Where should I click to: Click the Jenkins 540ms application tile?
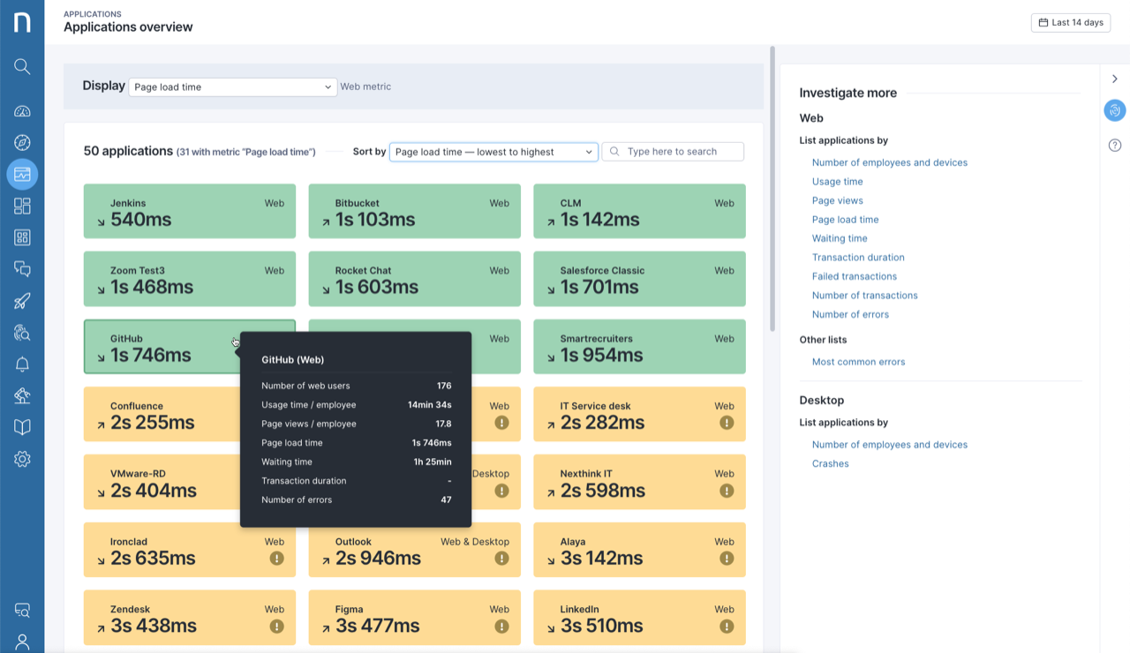tap(189, 211)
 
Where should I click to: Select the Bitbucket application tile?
tap(414, 211)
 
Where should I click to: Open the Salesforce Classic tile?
tap(639, 279)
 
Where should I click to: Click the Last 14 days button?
tap(1070, 22)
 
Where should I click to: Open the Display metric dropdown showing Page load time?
tap(232, 87)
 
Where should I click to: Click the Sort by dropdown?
tap(493, 152)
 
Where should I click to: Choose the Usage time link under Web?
tap(837, 182)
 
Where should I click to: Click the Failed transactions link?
tap(854, 276)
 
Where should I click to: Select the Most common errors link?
tap(858, 362)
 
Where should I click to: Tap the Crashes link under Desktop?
tap(830, 463)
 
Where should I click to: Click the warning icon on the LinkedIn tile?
tap(727, 626)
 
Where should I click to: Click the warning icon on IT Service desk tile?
tap(727, 423)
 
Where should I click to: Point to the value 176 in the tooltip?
tap(444, 386)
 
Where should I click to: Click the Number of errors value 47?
tap(446, 499)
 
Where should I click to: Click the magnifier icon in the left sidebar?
tap(22, 66)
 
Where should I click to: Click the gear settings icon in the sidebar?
tap(22, 459)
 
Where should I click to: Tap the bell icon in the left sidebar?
tap(22, 364)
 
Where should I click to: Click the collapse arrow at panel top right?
tap(1115, 79)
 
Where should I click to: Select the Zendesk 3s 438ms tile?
tap(189, 618)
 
